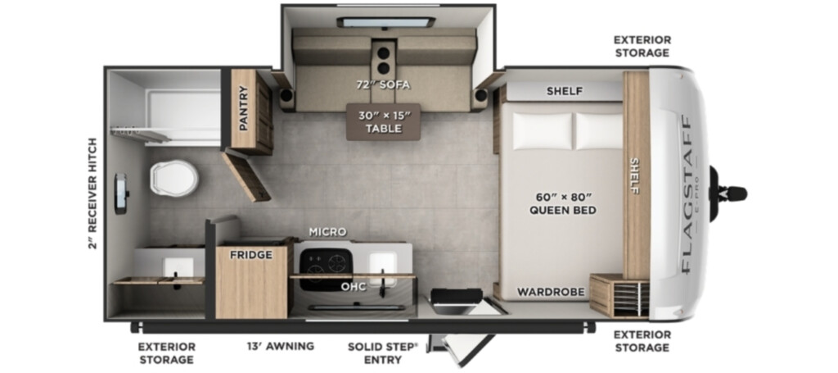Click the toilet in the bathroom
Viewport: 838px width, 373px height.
click(174, 178)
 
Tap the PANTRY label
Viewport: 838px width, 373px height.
click(244, 108)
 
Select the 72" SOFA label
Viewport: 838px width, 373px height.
click(384, 84)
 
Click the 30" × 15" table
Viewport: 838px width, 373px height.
click(383, 122)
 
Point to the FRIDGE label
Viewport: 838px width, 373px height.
click(251, 255)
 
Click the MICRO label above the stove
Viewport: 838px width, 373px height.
click(327, 232)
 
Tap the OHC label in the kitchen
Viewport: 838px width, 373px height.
click(354, 287)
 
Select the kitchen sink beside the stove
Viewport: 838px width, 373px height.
click(383, 266)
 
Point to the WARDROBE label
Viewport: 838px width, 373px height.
click(551, 292)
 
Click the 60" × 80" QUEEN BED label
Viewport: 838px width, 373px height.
click(563, 204)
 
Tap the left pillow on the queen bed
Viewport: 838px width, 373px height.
click(543, 131)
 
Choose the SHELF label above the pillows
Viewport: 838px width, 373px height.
click(565, 91)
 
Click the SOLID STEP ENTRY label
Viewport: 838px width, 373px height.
click(383, 353)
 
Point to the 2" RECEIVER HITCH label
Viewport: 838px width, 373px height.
click(93, 193)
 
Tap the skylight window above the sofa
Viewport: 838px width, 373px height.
click(386, 22)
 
